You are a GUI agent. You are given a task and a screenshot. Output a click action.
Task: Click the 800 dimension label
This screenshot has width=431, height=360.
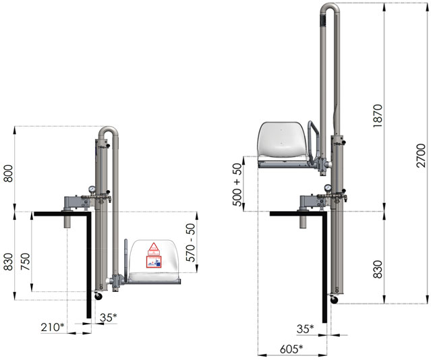(9, 173)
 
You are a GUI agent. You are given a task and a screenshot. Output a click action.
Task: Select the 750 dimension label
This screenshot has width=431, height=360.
(25, 262)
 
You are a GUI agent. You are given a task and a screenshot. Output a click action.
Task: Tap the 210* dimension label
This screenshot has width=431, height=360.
(53, 327)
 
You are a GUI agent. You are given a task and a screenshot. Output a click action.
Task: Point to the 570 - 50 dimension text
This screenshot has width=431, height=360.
(190, 243)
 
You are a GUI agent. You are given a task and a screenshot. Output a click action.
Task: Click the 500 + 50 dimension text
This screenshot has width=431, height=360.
(237, 185)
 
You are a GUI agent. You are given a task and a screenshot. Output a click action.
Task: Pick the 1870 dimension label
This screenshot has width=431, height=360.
(378, 116)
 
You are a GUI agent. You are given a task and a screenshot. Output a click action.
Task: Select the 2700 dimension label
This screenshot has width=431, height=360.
(421, 155)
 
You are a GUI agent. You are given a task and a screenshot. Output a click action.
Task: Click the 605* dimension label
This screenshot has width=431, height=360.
(291, 349)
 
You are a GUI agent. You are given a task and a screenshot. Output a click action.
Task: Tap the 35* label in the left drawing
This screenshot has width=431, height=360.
(109, 318)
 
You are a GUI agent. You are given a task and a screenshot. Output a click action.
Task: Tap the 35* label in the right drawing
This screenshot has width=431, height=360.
(305, 328)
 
